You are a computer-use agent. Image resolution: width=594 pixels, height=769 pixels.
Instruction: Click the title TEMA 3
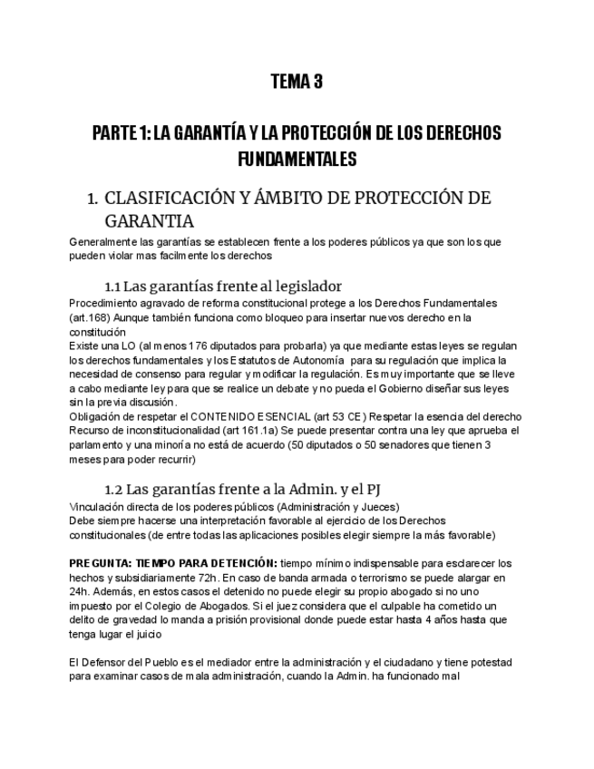pyautogui.click(x=297, y=83)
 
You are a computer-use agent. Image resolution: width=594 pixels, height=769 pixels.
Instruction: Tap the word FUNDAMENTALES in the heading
pyautogui.click(x=297, y=160)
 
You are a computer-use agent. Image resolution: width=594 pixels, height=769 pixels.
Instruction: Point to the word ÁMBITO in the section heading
pyautogui.click(x=310, y=199)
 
